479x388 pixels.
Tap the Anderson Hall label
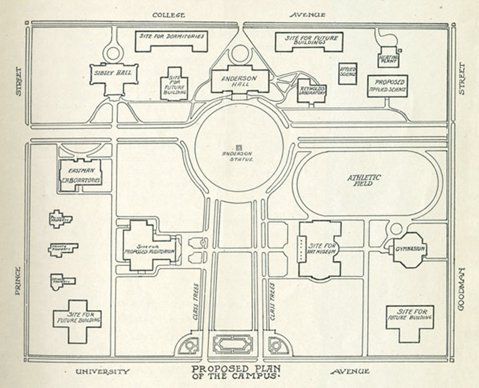click(240, 81)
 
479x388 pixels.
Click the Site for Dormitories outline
click(171, 41)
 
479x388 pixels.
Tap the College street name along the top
click(169, 15)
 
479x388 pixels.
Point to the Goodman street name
click(461, 288)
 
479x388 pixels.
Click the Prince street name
click(17, 280)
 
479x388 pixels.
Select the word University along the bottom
click(103, 371)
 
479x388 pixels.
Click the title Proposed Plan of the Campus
click(237, 372)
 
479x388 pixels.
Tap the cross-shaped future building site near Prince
click(77, 321)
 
